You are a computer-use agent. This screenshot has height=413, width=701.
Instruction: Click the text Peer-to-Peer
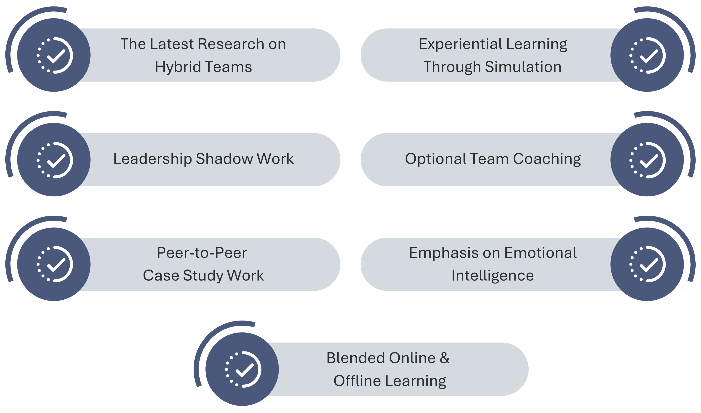pos(202,253)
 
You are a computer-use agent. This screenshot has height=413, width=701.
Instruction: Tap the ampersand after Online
pos(444,358)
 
